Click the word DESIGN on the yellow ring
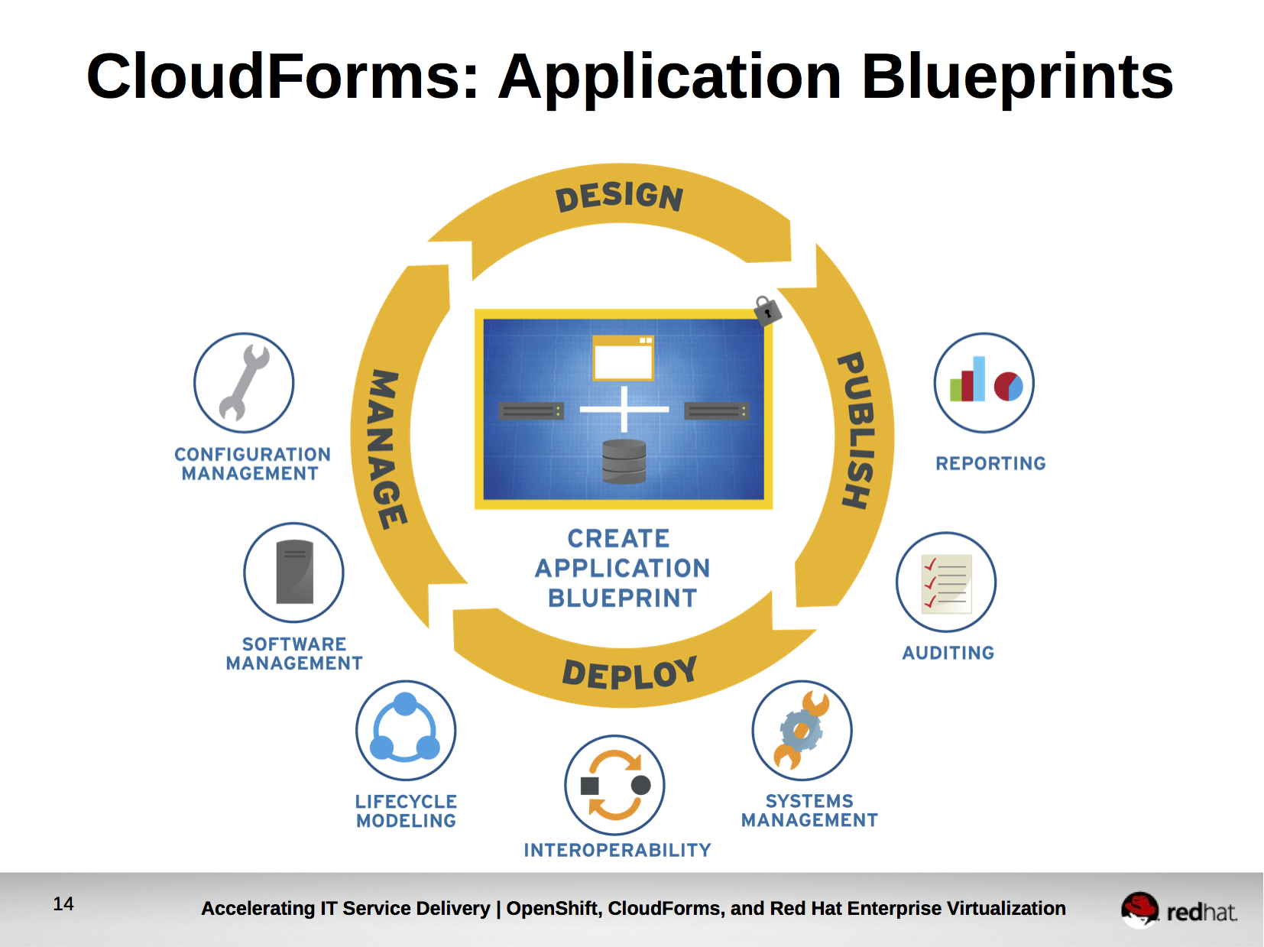pos(619,196)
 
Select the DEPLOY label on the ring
pos(630,673)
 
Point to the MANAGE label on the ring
pos(387,449)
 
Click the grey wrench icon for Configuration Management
pos(244,383)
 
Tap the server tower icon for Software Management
pos(294,572)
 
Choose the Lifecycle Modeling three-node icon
pos(406,730)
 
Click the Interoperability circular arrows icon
pos(615,785)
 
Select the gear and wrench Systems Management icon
pos(802,730)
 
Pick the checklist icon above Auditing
pos(946,582)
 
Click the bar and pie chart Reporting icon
pos(984,382)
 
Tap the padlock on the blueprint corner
pos(767,310)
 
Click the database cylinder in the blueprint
pos(624,461)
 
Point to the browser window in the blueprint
pos(624,358)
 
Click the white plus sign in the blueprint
pos(624,409)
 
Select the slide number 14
pos(63,904)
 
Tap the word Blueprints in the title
pos(1017,77)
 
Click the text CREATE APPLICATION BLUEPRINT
pos(622,568)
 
